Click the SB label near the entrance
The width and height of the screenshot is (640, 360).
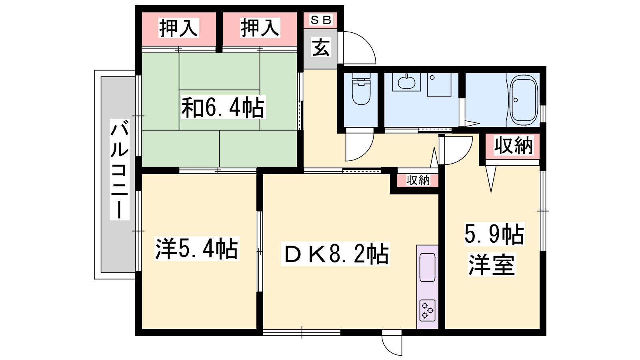tap(320, 20)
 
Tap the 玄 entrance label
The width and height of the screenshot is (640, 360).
tap(321, 47)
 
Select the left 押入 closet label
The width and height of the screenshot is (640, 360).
tap(178, 28)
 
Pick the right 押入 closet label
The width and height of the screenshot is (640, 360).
tap(260, 28)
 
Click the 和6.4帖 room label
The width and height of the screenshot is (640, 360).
tap(223, 107)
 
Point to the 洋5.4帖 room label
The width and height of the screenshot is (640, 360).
tap(196, 248)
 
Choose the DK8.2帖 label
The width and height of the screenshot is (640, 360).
tap(336, 254)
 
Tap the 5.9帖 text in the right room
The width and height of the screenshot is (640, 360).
tap(494, 234)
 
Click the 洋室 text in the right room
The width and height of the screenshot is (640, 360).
tap(492, 264)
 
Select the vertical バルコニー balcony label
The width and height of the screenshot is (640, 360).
tap(120, 170)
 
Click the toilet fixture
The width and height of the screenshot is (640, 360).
tap(361, 88)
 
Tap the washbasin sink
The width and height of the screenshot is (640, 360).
tap(406, 82)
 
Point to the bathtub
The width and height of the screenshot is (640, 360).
tap(524, 100)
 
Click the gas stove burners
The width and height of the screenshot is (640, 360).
tap(428, 310)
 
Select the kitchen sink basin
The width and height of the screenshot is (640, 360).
tap(428, 267)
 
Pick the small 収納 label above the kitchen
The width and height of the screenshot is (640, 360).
tap(418, 180)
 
